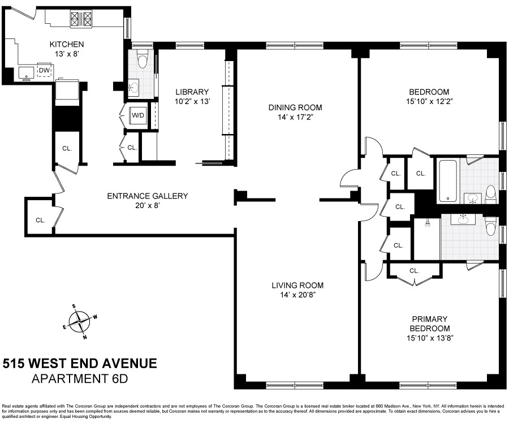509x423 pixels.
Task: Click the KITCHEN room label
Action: coord(67,45)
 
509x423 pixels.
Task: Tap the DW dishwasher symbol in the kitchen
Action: coord(44,71)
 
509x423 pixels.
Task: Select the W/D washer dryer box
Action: coord(138,115)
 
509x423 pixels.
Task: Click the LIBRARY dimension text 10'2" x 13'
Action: coord(192,102)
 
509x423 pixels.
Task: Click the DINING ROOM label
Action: coord(295,107)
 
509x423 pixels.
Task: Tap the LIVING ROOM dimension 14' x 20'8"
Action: coord(296,295)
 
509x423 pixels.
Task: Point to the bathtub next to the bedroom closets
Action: coord(448,181)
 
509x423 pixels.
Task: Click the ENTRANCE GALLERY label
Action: coord(147,196)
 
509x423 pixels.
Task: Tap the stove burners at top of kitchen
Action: coord(81,20)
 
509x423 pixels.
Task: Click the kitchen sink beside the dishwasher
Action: coord(26,72)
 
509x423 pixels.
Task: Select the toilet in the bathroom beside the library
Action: coord(143,57)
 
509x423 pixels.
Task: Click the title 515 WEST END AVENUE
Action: coord(80,364)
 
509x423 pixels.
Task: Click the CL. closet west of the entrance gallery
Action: coord(40,220)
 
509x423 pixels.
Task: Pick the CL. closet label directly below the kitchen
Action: coord(67,149)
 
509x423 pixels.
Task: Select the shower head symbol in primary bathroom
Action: coord(429,224)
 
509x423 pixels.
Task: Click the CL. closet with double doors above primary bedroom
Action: coord(414,271)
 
